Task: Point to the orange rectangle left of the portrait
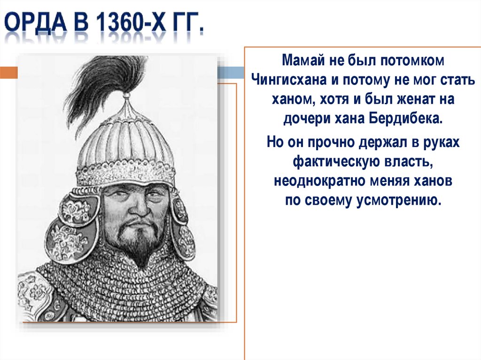[x=8, y=73]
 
